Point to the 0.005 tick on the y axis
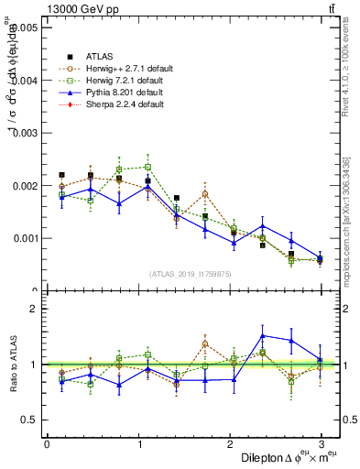point(25,27)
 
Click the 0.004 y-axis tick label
point(25,81)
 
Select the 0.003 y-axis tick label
point(25,133)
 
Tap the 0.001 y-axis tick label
point(25,238)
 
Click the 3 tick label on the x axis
point(321,444)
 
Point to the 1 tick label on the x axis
point(138,444)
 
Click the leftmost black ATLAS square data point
point(61,174)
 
